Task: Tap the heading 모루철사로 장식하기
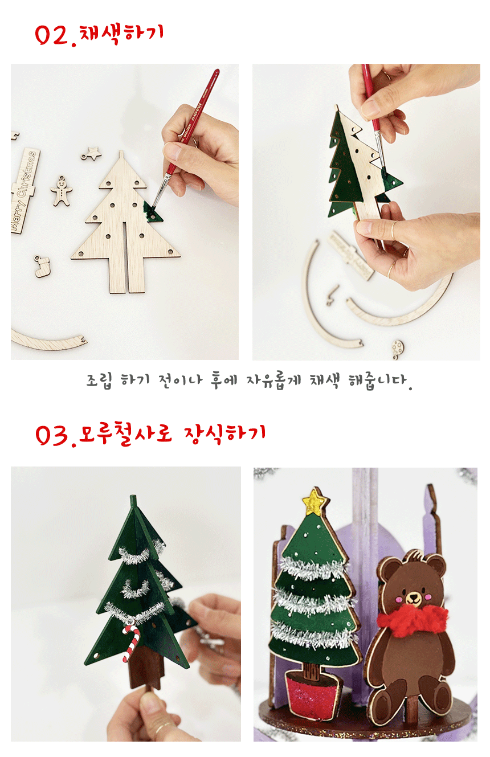click(172, 433)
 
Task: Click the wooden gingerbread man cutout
click(61, 191)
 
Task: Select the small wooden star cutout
click(92, 154)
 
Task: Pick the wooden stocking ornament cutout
click(42, 267)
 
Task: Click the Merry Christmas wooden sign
click(24, 191)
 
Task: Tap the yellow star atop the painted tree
click(315, 502)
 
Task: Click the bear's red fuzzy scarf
click(413, 619)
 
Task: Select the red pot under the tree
click(312, 693)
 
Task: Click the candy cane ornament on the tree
click(131, 643)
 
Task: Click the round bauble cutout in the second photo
click(397, 349)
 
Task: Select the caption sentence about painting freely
click(250, 381)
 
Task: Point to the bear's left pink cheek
click(399, 600)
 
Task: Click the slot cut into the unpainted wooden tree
click(125, 257)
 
